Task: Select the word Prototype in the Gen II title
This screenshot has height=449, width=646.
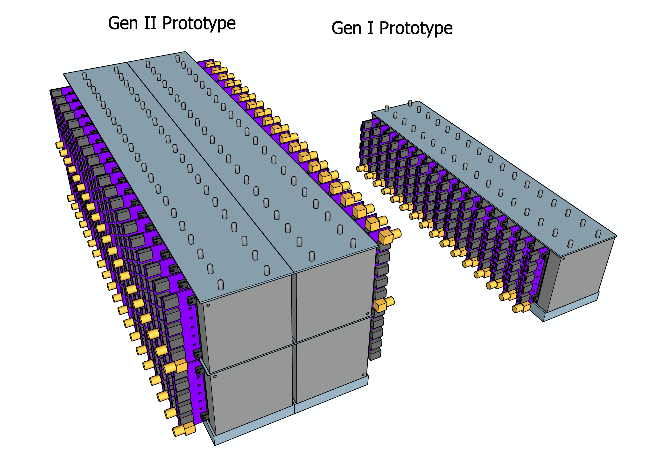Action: [199, 24]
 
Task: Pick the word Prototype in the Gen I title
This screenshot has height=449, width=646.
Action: [416, 29]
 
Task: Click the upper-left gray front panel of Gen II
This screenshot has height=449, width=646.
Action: [248, 323]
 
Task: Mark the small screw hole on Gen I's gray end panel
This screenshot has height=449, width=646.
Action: [563, 259]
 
